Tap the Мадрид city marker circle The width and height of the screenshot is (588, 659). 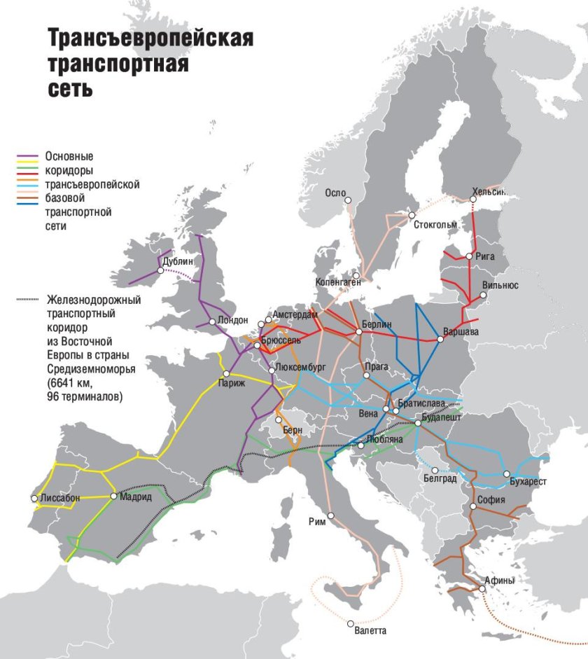coord(113,496)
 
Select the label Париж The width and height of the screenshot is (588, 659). coord(232,384)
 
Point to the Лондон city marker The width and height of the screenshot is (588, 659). coord(211,322)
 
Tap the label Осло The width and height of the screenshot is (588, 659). coord(336,193)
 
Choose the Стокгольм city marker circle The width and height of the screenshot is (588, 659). coord(412,215)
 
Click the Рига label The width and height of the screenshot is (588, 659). coord(484,256)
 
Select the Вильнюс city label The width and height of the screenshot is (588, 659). coord(500,286)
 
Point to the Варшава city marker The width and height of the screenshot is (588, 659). coord(440,339)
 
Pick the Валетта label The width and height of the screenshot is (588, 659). coord(370,630)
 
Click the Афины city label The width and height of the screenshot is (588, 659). coord(499,581)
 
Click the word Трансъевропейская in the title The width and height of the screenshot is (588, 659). coord(150,39)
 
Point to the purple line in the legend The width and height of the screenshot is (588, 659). coord(29,155)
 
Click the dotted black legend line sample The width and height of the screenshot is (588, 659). coord(29,300)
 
